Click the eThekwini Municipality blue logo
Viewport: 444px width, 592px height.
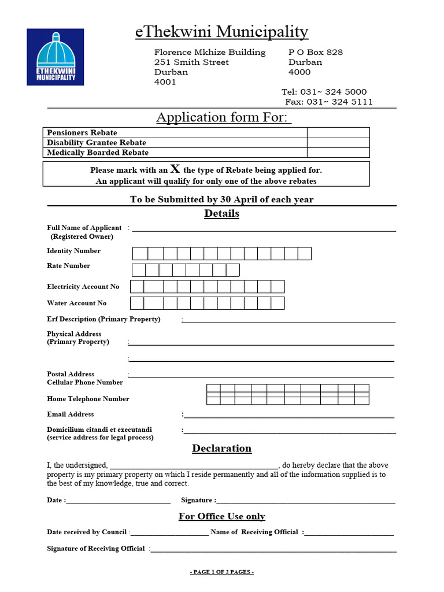pyautogui.click(x=55, y=57)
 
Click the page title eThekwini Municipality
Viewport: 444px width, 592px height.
pyautogui.click(x=221, y=32)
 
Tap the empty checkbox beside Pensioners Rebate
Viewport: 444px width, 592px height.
pyautogui.click(x=338, y=132)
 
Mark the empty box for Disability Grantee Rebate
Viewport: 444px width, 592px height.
pyautogui.click(x=338, y=143)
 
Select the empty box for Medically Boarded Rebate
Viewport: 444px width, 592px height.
pyautogui.click(x=338, y=153)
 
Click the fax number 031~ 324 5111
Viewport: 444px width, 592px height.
pyautogui.click(x=339, y=102)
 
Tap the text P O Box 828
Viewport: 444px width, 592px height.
pyautogui.click(x=316, y=52)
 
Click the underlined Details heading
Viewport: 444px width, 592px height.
pyautogui.click(x=221, y=214)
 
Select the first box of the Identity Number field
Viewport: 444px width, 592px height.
pyautogui.click(x=140, y=253)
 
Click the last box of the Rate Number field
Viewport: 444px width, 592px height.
pyautogui.click(x=232, y=270)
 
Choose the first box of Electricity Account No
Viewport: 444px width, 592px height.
pyautogui.click(x=137, y=287)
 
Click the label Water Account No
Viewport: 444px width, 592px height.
pyautogui.click(x=77, y=303)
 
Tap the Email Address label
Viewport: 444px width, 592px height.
pyautogui.click(x=70, y=414)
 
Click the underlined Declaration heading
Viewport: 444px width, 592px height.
pyautogui.click(x=221, y=449)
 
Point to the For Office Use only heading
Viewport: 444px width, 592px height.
pyautogui.click(x=221, y=516)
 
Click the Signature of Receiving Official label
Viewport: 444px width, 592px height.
pyautogui.click(x=95, y=548)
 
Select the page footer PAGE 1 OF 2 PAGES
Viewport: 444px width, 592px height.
pyautogui.click(x=222, y=572)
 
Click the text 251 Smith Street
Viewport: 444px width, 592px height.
pyautogui.click(x=191, y=62)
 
